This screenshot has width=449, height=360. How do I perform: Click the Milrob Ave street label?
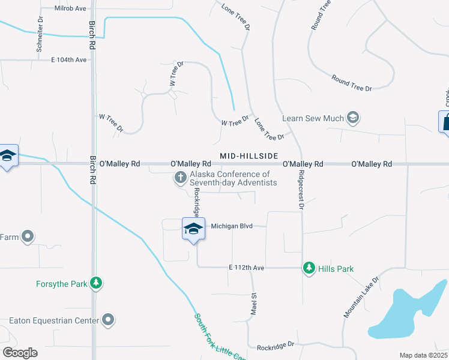pyautogui.click(x=70, y=8)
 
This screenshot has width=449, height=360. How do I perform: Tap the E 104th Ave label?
pyautogui.click(x=68, y=60)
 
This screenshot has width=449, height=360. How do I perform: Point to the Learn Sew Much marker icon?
pyautogui.click(x=353, y=118)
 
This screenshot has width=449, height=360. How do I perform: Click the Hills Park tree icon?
pyautogui.click(x=309, y=268)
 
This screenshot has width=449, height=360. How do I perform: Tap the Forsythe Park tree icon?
pyautogui.click(x=95, y=283)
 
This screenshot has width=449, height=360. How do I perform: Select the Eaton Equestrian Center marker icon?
pyautogui.click(x=108, y=320)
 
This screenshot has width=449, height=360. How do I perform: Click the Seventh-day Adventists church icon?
pyautogui.click(x=179, y=178)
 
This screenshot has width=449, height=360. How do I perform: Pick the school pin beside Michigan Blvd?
pyautogui.click(x=193, y=229)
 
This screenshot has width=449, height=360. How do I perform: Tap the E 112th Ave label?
pyautogui.click(x=246, y=268)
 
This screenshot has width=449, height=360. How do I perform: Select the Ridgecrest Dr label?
pyautogui.click(x=301, y=190)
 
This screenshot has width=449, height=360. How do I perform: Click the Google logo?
pyautogui.click(x=20, y=352)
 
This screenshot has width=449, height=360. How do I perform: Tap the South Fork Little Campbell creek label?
pyautogui.click(x=219, y=336)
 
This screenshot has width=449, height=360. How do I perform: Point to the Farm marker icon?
pyautogui.click(x=27, y=237)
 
